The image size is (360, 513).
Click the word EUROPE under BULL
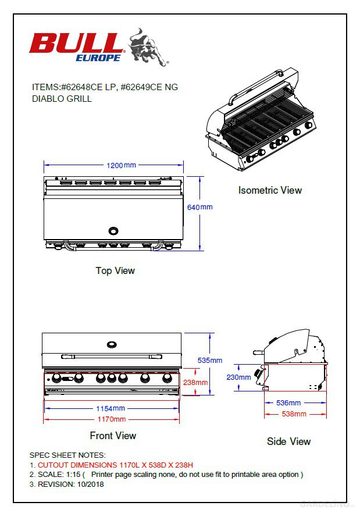pyautogui.click(x=98, y=58)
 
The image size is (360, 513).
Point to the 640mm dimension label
pyautogui.click(x=200, y=207)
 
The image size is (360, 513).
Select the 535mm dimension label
pyautogui.click(x=209, y=360)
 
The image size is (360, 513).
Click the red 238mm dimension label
pyautogui.click(x=195, y=382)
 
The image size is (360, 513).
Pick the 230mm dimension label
pyautogui.click(x=238, y=377)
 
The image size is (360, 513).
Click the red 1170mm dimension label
pyautogui.click(x=111, y=419)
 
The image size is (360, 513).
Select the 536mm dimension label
pyautogui.click(x=288, y=402)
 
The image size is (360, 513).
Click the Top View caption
pyautogui.click(x=115, y=270)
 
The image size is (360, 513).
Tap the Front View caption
pyautogui.click(x=113, y=436)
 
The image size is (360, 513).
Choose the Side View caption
pyautogui.click(x=288, y=441)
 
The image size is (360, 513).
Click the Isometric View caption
pyautogui.click(x=270, y=190)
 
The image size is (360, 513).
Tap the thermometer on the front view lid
pyautogui.click(x=111, y=345)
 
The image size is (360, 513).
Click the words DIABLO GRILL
pyautogui.click(x=62, y=99)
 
